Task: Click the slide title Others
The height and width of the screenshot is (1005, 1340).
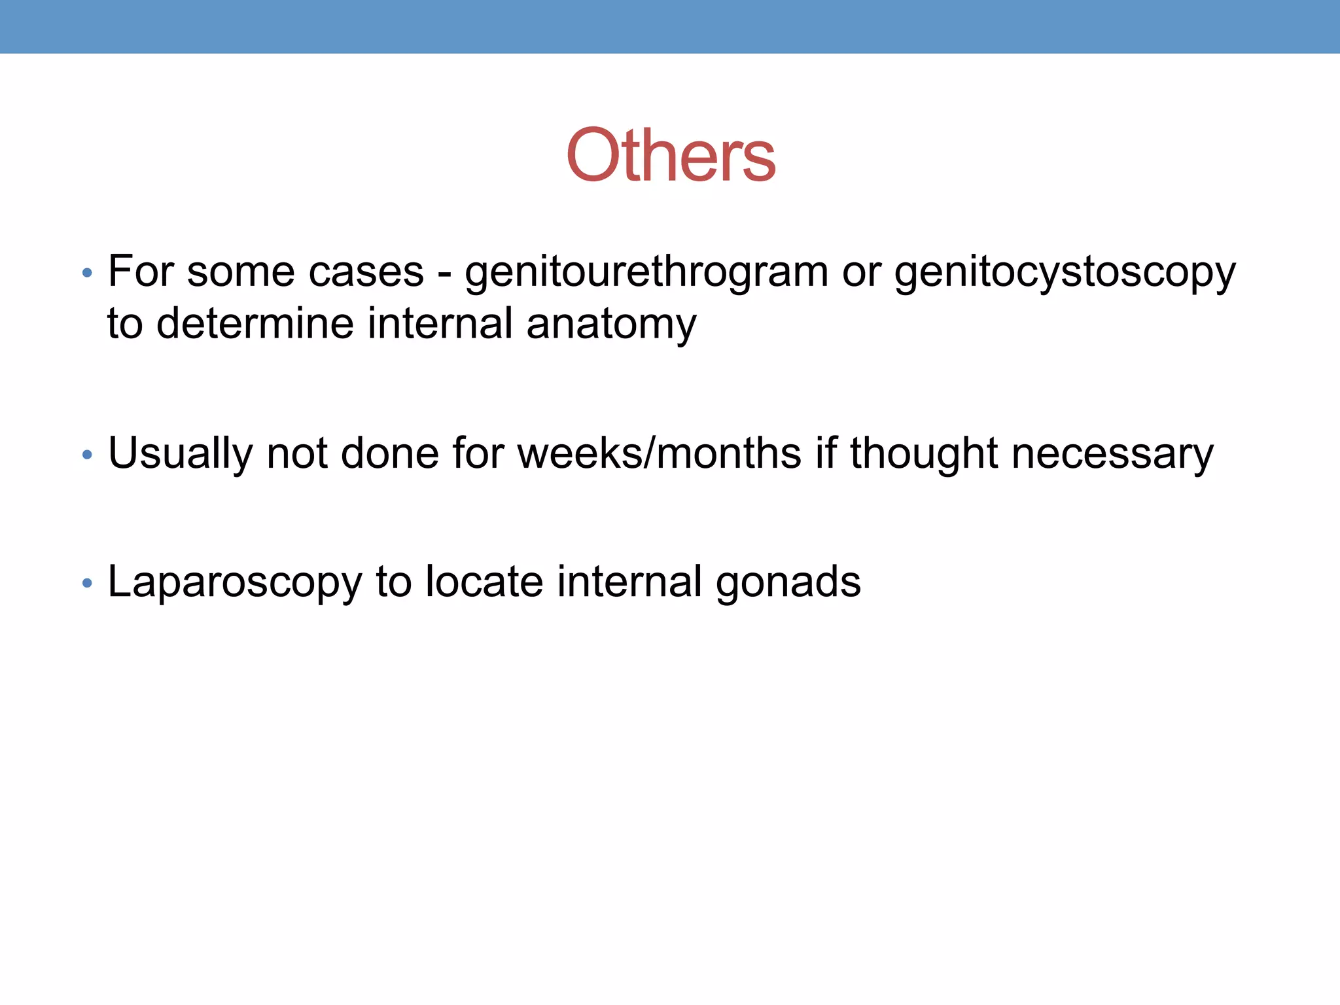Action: (x=671, y=156)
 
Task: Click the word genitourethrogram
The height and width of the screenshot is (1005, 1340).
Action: (x=646, y=272)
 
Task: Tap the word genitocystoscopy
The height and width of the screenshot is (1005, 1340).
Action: (x=1065, y=272)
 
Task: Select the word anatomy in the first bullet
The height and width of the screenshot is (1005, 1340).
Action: (x=611, y=324)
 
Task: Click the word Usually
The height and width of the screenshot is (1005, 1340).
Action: (x=180, y=453)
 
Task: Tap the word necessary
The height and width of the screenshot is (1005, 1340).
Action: (x=1112, y=453)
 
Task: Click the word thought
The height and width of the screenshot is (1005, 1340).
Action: (x=923, y=453)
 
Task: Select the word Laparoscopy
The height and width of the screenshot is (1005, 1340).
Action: (x=234, y=582)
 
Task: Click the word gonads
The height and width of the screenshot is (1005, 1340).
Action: (x=788, y=582)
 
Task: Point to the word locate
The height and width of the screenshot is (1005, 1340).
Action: (x=484, y=582)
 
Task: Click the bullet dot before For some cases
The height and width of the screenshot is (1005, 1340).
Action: (x=87, y=273)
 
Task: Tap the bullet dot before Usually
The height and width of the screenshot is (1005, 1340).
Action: (x=87, y=455)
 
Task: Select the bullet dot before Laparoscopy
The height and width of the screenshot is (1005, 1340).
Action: (x=87, y=584)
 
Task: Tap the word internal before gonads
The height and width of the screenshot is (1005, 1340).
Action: (x=629, y=582)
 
